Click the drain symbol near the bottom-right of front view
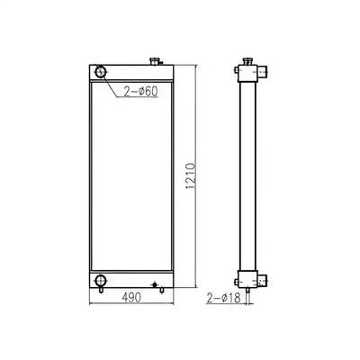click(157, 285)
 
